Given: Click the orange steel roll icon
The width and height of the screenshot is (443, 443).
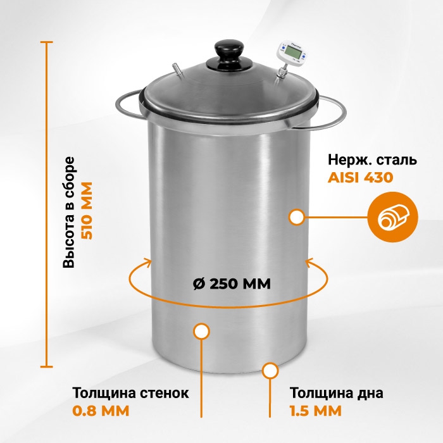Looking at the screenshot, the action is pos(393,217).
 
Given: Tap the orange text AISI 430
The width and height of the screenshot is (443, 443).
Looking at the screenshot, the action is pos(360,178).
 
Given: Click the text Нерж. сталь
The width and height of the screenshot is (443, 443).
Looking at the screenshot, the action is pos(372,160).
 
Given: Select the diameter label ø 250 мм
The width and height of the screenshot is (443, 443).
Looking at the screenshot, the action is pos(232,284).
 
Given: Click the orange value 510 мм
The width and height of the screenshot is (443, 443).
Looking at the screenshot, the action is pos(87,211).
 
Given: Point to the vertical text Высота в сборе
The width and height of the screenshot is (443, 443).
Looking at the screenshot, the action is pos(68,212).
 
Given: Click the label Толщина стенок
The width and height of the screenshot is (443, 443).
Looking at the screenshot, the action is pos(130,393).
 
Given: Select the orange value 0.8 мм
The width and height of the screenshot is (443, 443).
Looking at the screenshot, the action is pos(101,411).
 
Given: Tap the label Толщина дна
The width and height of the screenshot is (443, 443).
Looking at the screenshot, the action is pos(337,393).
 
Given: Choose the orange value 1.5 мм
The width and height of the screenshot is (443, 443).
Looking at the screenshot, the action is pos(316,411).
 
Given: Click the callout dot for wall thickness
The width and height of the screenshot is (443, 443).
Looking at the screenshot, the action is pos(201,331).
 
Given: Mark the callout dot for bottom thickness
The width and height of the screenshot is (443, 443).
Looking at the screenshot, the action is pos(270,371).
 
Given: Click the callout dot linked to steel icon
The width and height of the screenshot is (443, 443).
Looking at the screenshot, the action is pos(297,218).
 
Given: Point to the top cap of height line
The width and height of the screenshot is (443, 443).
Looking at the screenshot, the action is pos(47,42).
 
